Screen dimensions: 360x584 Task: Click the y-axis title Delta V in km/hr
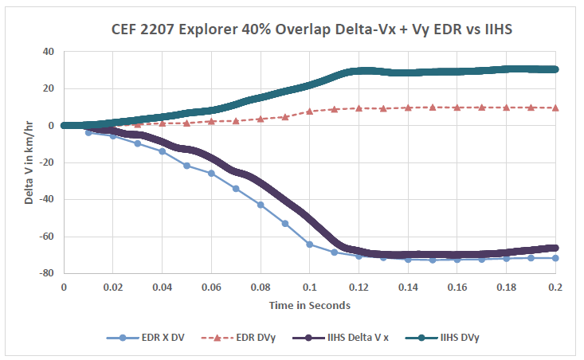coord(29,162)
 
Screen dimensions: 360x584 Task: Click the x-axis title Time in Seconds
coord(309,304)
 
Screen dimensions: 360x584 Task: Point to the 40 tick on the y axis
coord(48,52)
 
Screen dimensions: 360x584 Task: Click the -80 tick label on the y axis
coord(45,273)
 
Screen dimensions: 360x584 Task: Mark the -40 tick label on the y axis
coord(45,199)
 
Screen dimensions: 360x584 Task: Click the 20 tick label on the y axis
coord(48,88)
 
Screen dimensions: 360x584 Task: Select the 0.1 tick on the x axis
coord(309,286)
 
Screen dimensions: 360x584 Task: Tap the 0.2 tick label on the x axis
coord(555,286)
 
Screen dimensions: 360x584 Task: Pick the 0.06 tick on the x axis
coord(211,286)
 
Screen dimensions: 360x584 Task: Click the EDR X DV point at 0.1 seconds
coord(309,245)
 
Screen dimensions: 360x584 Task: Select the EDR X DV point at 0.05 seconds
coord(186,166)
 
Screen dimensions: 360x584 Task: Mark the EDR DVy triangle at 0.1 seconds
coord(309,112)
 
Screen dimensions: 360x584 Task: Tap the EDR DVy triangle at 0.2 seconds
coord(555,108)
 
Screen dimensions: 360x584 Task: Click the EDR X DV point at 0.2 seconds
coord(555,258)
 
